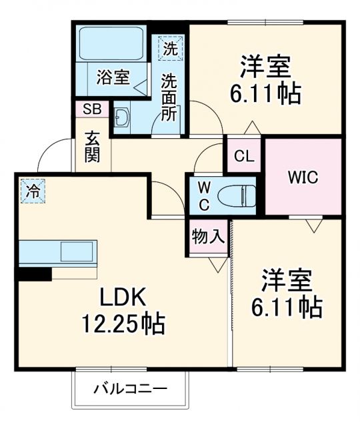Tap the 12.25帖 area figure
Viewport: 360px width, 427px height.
tap(123, 325)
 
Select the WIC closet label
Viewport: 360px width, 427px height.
tap(303, 177)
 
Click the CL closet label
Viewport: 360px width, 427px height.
tap(245, 157)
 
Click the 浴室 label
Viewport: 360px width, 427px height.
tap(112, 77)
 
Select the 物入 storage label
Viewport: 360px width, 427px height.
tap(207, 236)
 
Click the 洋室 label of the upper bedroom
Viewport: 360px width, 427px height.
tap(266, 67)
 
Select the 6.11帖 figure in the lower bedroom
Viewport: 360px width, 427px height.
tap(287, 306)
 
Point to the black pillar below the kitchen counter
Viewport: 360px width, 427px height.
tap(35, 274)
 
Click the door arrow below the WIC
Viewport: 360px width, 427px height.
tap(313, 226)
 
